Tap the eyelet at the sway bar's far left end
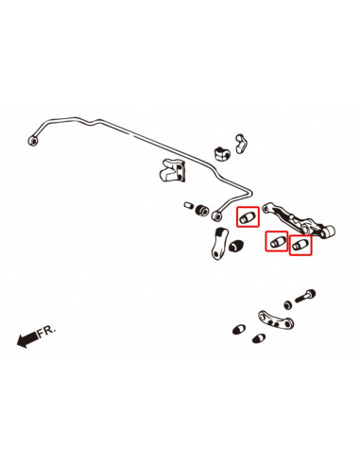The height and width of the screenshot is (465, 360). pyautogui.click(x=35, y=139)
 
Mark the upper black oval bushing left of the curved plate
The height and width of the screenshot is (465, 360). pyautogui.click(x=238, y=328)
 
